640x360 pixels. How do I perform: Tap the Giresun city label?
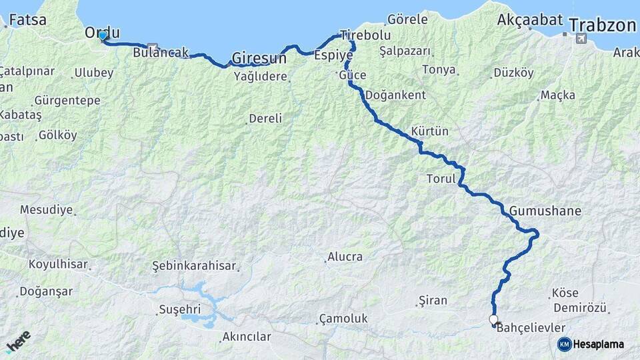coord(259,58)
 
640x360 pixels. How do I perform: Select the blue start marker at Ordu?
coord(103,36)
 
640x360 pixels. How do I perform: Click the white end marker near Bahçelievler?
coord(493,320)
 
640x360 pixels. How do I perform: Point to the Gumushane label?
coord(545,211)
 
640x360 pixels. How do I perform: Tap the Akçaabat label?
coord(530,20)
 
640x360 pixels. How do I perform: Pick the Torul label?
coord(441,179)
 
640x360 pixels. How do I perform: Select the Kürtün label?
coord(430,131)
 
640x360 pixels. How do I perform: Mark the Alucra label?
coord(345,257)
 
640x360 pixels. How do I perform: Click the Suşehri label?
coord(179,310)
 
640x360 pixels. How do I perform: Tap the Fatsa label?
coord(27,20)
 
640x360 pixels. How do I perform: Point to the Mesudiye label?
coord(46,209)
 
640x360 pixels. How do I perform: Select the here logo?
coord(18,341)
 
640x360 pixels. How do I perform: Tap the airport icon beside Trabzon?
coord(581,39)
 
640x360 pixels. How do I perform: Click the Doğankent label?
coord(395,95)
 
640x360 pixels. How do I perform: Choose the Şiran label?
coord(433,301)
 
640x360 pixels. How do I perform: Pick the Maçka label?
coord(557,95)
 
